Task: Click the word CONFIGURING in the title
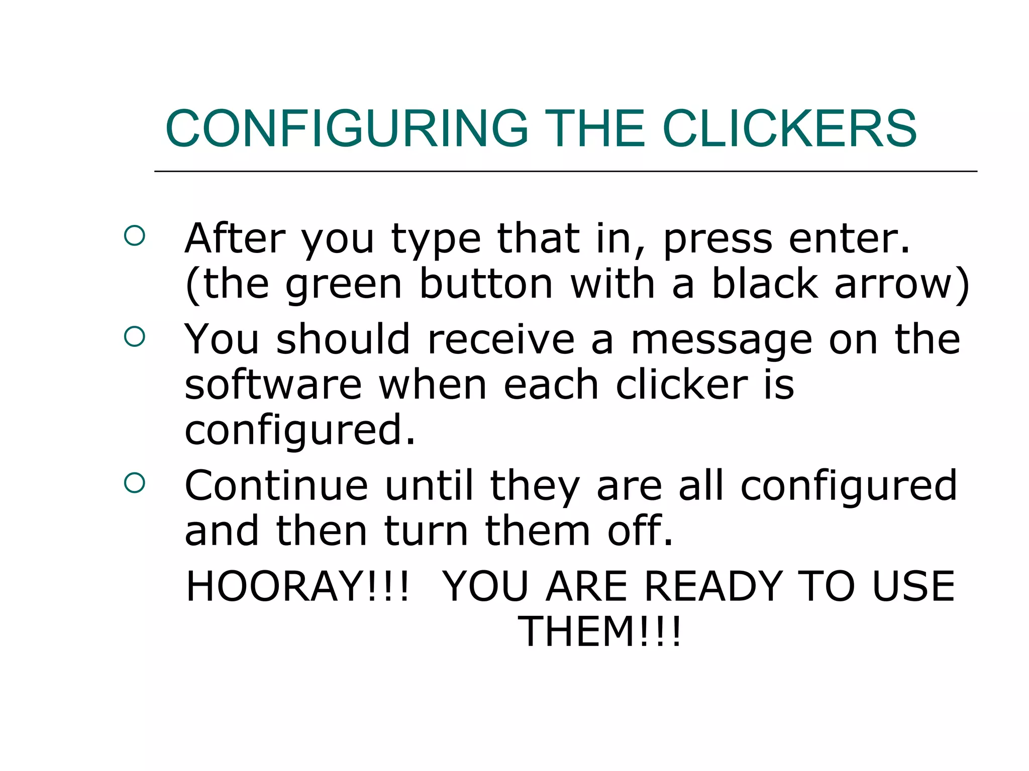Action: tap(347, 129)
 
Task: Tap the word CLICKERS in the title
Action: tap(789, 129)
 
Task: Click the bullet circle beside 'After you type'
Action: tap(134, 235)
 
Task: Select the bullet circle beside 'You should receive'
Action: tap(134, 336)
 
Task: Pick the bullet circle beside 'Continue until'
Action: tap(134, 483)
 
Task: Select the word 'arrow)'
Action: tap(902, 285)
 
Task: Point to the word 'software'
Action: tap(273, 385)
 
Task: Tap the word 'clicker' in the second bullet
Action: tap(681, 385)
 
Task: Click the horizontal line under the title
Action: tap(565, 172)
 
